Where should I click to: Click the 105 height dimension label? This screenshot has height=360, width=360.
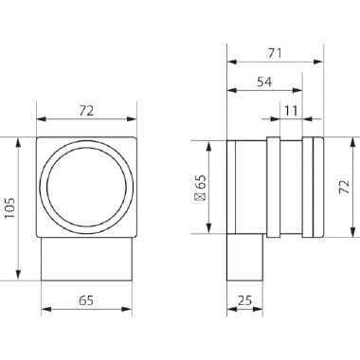click(9, 208)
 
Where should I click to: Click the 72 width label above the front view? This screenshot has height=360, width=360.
click(86, 111)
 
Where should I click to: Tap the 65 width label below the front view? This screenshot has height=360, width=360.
click(86, 300)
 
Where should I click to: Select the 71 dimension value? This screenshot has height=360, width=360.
click(275, 53)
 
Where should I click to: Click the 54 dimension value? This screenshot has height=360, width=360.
click(264, 82)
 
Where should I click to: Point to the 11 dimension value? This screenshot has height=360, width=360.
click(291, 111)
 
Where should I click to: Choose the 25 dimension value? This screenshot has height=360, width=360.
click(244, 300)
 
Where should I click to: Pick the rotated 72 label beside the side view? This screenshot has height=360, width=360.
click(344, 187)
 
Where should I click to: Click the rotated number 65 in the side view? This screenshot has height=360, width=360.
click(201, 182)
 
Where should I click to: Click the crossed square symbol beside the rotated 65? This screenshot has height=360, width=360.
click(201, 197)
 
